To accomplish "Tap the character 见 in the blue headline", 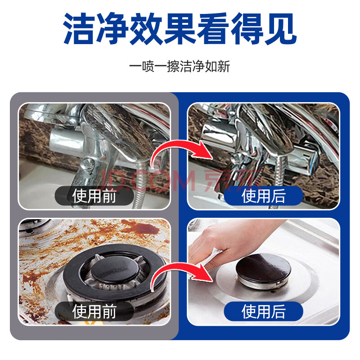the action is point(280,29).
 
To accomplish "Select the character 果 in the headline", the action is point(180,29).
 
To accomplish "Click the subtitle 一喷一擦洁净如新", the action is point(180,66).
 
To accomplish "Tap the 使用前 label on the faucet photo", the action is point(94,196).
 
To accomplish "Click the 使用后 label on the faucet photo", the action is point(263,196).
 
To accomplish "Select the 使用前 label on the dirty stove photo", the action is point(94,311).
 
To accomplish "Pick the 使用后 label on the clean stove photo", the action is point(263,311).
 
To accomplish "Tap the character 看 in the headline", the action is point(213,29).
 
